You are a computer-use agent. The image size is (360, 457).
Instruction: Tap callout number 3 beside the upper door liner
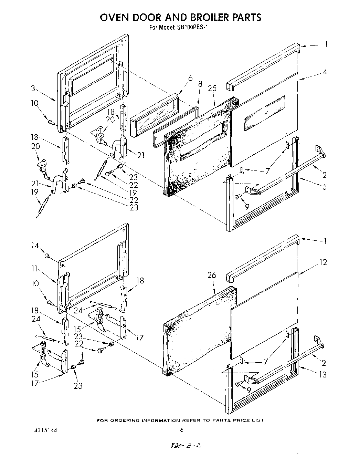33,89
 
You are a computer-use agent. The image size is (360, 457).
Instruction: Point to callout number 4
325,72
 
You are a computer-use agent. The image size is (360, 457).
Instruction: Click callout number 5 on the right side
325,187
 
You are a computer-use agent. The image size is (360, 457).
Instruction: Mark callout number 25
212,88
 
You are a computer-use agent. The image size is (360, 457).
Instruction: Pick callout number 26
212,275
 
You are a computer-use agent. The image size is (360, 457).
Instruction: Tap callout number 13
322,374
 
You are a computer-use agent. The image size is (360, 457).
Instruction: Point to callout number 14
35,246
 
